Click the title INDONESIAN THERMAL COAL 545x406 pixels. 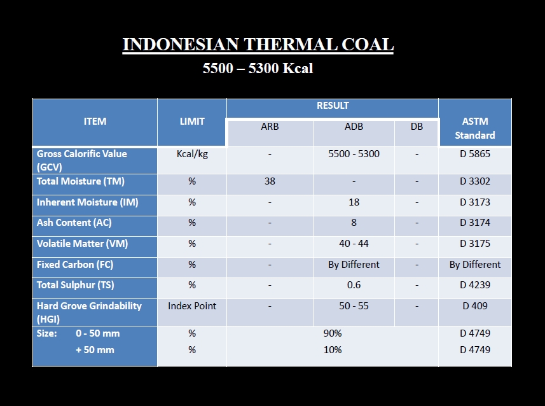click(x=258, y=45)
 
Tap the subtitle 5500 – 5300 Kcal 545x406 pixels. click(x=258, y=68)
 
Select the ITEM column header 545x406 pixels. click(x=95, y=122)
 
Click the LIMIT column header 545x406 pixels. click(x=192, y=122)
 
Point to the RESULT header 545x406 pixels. click(x=333, y=106)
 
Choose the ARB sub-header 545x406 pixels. click(x=270, y=126)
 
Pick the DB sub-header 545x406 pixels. click(x=417, y=126)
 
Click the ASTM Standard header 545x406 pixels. click(x=475, y=129)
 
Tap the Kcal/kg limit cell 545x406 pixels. click(x=192, y=154)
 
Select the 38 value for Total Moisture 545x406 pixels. click(x=270, y=181)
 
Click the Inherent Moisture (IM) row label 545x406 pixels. click(x=88, y=202)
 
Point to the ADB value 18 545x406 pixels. click(x=354, y=202)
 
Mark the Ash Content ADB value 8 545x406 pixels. click(x=354, y=223)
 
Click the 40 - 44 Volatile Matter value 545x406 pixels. click(x=354, y=244)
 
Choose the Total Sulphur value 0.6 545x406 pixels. click(x=354, y=285)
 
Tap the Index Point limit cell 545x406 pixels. click(x=192, y=306)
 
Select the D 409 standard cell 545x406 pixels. click(x=475, y=306)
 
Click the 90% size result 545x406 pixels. click(x=333, y=333)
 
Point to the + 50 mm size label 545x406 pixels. click(x=95, y=350)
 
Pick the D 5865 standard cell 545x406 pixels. click(x=475, y=154)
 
